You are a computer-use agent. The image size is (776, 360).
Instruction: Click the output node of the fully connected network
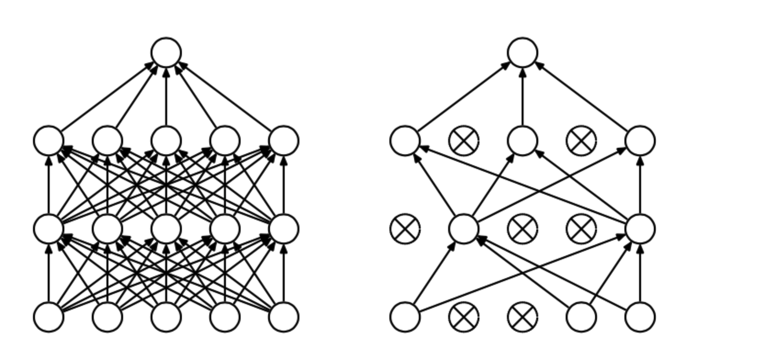[166, 52]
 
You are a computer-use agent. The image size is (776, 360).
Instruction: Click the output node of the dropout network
[523, 52]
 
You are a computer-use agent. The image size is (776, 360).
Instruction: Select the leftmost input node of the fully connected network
[49, 317]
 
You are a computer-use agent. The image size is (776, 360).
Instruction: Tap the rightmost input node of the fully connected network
[284, 317]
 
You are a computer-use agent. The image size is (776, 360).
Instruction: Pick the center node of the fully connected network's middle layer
[166, 229]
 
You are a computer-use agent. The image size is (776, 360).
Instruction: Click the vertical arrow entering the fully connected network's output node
[166, 96]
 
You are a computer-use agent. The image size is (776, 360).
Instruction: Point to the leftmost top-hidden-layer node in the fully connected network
[49, 141]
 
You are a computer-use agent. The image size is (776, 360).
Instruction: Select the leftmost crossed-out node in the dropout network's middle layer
[405, 229]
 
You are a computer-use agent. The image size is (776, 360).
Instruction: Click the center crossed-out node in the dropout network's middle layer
[523, 229]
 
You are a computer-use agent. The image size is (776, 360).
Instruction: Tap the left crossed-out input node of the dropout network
[464, 317]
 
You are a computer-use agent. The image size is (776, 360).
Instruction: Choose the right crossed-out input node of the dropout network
[523, 317]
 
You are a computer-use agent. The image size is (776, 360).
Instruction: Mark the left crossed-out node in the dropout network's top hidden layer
[464, 141]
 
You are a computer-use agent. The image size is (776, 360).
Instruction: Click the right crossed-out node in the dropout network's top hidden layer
[581, 141]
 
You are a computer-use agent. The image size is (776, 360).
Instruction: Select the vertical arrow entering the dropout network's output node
[523, 96]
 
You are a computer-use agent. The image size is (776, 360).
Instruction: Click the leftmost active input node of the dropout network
[405, 317]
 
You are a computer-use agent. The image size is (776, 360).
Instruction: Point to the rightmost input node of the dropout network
[640, 317]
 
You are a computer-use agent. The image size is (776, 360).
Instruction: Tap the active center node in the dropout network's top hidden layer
[523, 141]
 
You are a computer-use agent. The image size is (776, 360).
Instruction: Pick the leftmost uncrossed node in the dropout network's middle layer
[464, 229]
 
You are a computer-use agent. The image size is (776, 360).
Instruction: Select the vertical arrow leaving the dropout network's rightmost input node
[640, 273]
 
